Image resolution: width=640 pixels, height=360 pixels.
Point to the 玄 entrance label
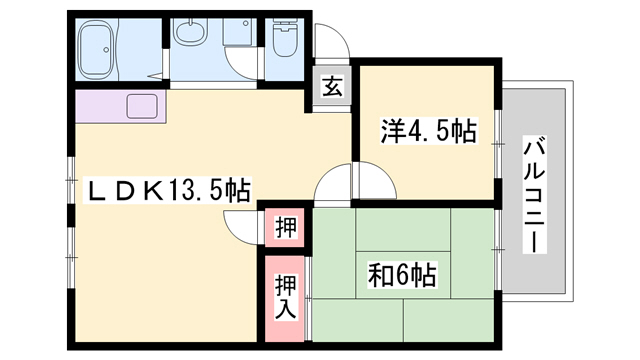330,87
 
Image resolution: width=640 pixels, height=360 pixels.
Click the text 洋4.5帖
426,130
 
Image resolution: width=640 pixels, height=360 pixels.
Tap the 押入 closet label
285,295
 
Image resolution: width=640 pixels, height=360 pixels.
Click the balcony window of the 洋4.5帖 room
501,145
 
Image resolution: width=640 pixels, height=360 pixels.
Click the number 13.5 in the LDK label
193,188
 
